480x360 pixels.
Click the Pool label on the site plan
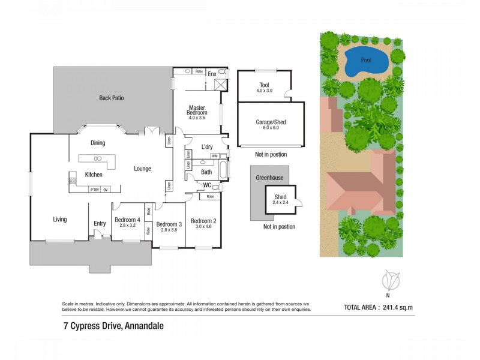365,60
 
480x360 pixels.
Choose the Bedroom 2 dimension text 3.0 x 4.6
203,227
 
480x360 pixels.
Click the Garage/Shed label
271,122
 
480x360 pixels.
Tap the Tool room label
264,85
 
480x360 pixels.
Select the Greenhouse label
269,178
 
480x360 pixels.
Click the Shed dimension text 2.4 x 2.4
281,203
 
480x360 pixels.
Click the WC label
207,185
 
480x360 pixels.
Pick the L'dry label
207,147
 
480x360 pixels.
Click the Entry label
100,224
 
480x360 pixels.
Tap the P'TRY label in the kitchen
94,190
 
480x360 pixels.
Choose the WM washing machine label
214,156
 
